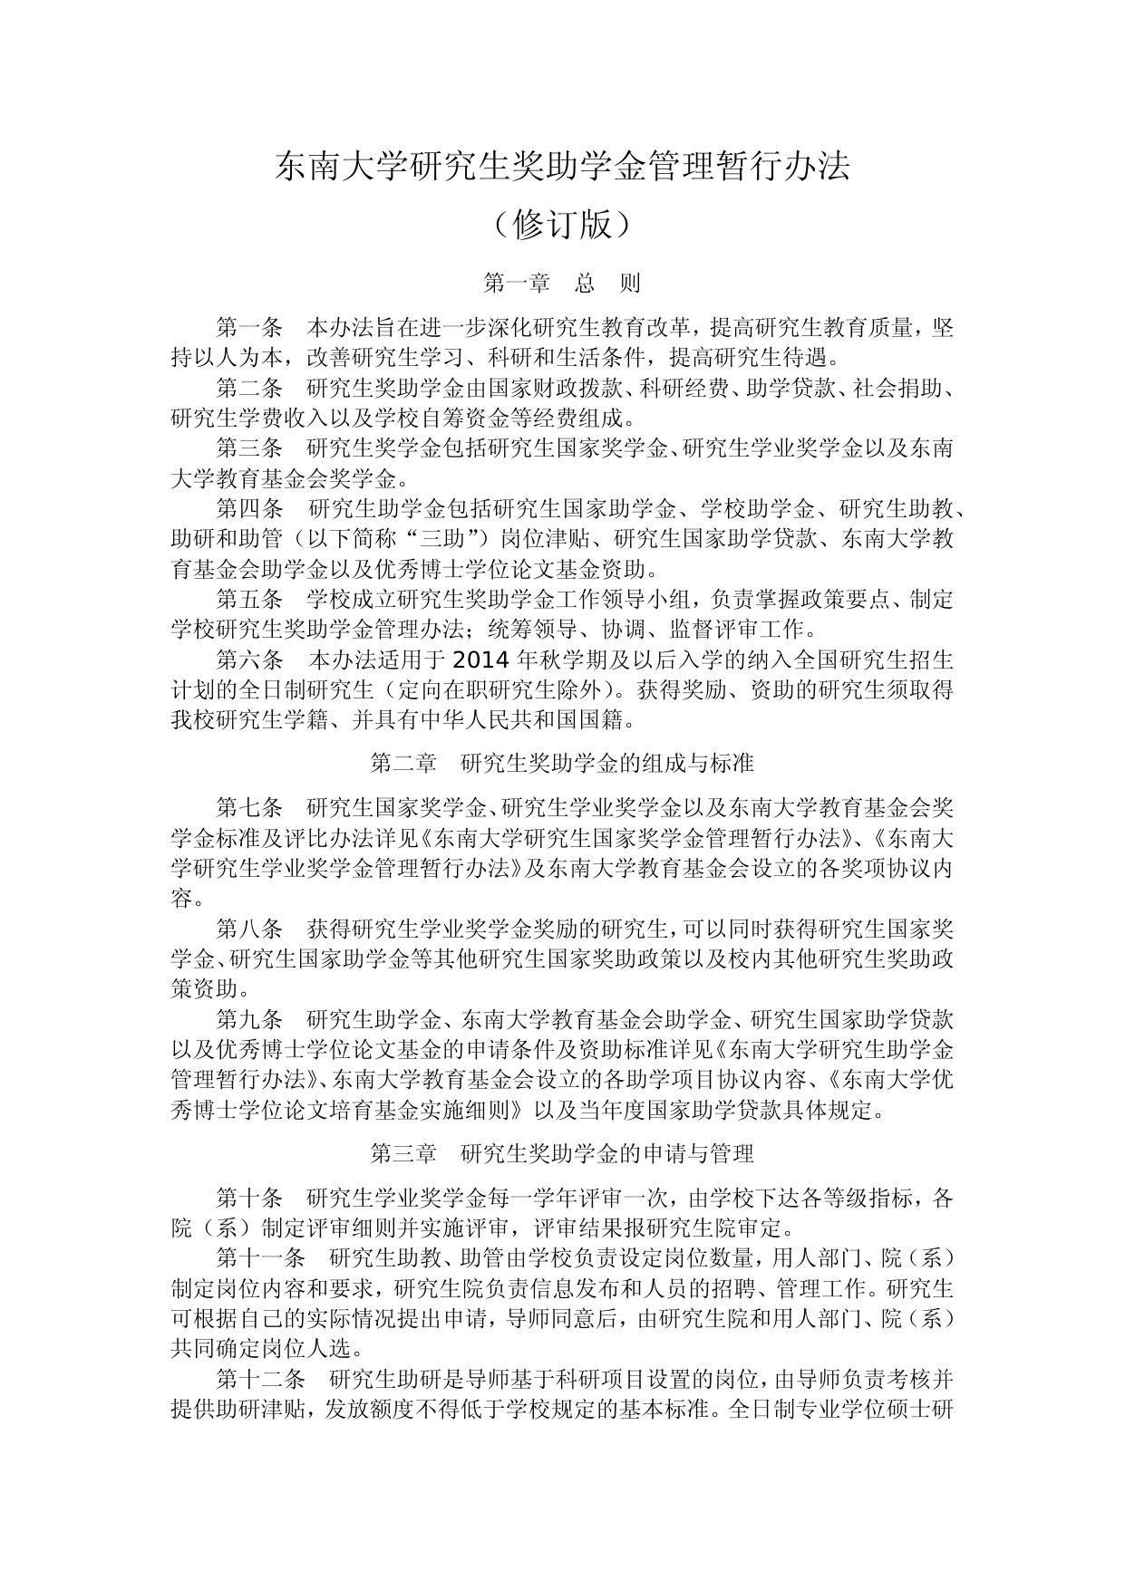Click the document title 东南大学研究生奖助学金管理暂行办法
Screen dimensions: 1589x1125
(x=562, y=167)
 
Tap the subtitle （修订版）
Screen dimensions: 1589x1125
(x=562, y=225)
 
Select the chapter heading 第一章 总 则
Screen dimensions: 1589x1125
(x=562, y=284)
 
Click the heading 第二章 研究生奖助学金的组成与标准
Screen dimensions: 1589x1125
(x=562, y=763)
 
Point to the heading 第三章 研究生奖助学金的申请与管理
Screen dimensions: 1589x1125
(x=562, y=1153)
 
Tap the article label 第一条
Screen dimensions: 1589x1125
(x=250, y=328)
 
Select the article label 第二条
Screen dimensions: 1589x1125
(x=250, y=389)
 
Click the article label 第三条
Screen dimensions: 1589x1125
(x=250, y=448)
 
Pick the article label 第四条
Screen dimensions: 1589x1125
(x=250, y=509)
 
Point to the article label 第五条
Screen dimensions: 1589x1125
(x=250, y=599)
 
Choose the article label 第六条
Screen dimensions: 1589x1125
(x=250, y=659)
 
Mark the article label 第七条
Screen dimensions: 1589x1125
(x=250, y=807)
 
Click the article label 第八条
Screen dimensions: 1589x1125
(x=250, y=929)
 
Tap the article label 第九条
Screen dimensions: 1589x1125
(x=250, y=1019)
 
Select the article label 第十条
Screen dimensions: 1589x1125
(x=250, y=1198)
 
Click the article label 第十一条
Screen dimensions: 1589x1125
(x=261, y=1258)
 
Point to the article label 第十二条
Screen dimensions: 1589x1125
(x=261, y=1379)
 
